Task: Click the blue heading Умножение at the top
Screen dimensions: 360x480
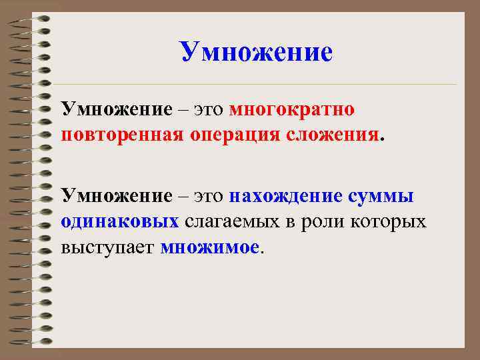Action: point(256,51)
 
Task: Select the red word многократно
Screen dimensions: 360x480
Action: point(291,108)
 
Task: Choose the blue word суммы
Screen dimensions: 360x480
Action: point(382,196)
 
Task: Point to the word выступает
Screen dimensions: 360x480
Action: point(108,247)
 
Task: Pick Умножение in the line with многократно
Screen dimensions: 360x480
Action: point(116,108)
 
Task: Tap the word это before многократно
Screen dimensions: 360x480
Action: point(209,109)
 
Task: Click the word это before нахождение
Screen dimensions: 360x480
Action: point(209,196)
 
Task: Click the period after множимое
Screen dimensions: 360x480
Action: point(261,252)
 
